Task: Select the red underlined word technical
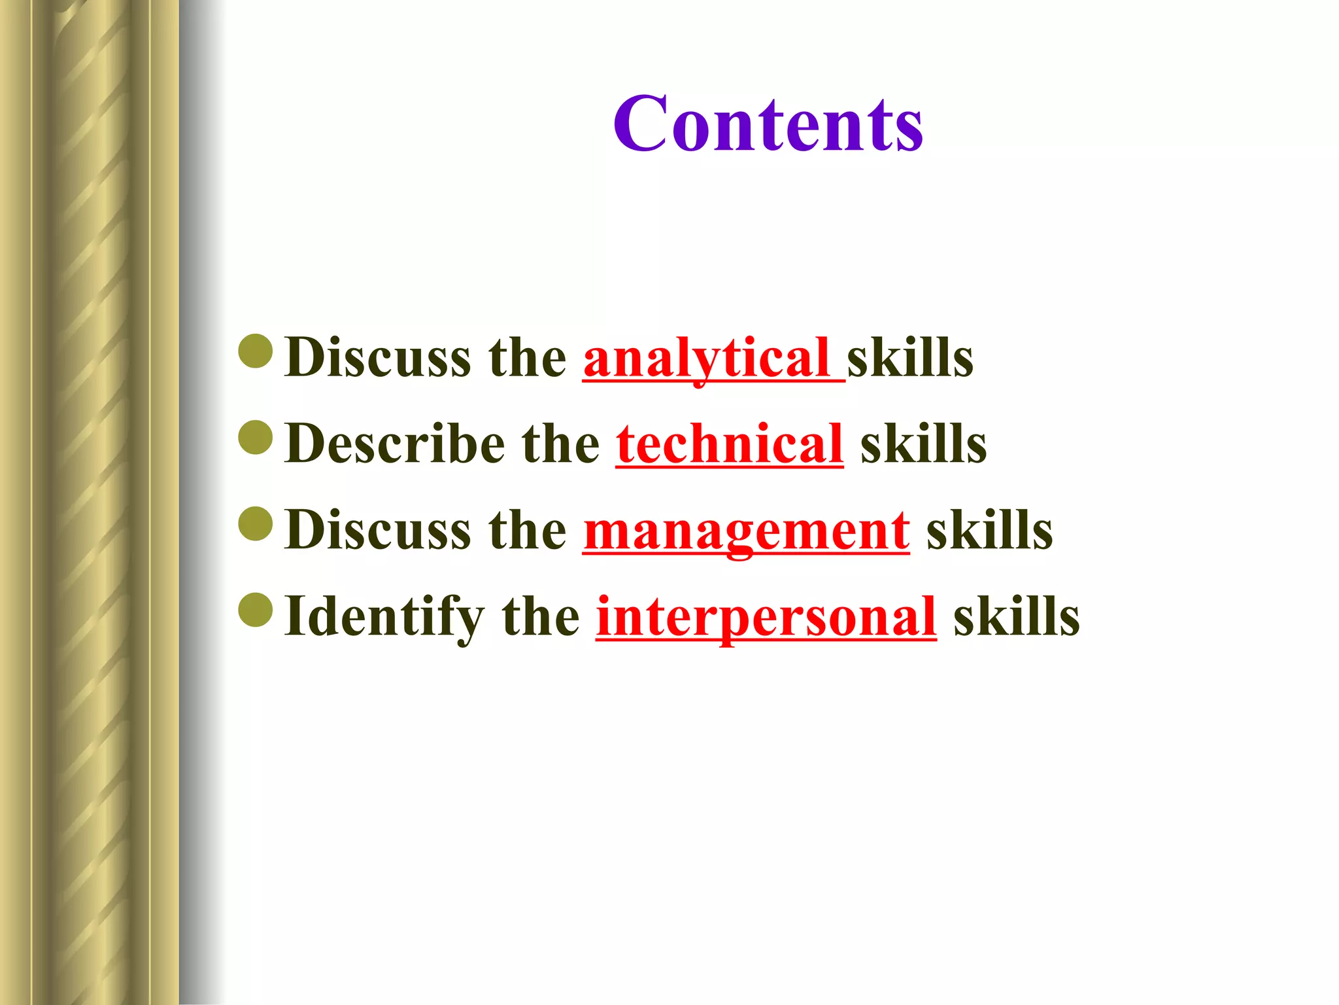coord(729,444)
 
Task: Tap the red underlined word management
coord(746,530)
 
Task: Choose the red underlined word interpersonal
coord(766,616)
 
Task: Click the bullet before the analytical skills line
coord(256,351)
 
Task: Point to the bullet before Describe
coord(256,437)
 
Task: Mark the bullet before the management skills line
coord(256,523)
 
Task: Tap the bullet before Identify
coord(256,610)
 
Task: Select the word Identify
coord(384,616)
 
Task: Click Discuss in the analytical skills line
coord(378,358)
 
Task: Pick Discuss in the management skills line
coord(378,530)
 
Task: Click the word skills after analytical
coord(910,358)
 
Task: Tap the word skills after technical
coord(923,444)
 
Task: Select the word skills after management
coord(989,530)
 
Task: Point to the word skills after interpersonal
coord(1016,616)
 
